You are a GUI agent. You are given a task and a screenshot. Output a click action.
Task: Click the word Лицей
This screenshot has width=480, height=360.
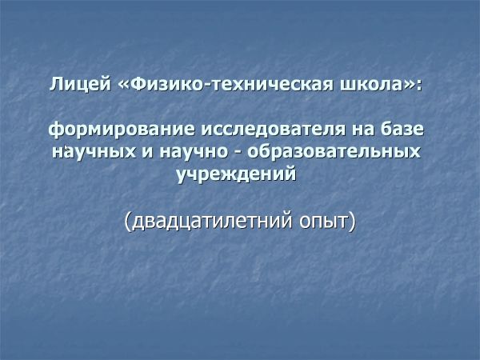click(80, 84)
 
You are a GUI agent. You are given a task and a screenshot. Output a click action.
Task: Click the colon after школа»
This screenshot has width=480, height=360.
click(418, 86)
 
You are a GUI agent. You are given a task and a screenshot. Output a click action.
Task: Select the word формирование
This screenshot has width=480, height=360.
click(122, 130)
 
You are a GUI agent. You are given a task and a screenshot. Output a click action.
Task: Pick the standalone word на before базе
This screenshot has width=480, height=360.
click(363, 130)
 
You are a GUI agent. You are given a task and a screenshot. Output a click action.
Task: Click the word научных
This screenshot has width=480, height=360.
click(94, 152)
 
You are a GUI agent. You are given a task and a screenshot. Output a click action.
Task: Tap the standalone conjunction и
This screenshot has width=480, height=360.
click(147, 152)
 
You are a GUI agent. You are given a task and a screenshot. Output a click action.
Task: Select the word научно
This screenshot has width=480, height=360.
click(194, 152)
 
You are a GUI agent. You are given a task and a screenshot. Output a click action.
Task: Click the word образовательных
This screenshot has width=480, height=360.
click(334, 151)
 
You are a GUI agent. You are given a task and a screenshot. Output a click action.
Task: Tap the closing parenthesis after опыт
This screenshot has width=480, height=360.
click(353, 222)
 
